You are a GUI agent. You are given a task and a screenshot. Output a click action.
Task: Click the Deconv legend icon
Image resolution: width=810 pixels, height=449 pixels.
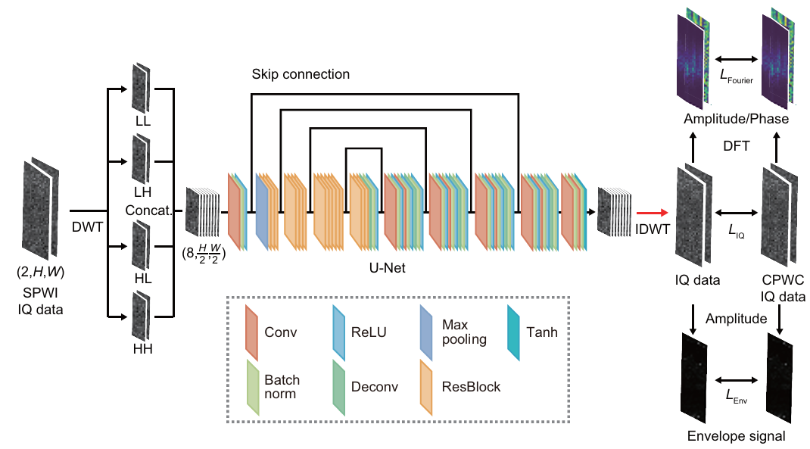click(340, 386)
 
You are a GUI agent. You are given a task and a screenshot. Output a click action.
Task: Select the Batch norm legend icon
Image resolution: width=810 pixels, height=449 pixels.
click(252, 386)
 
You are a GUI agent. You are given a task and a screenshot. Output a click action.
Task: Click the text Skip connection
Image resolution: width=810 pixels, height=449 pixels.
click(301, 74)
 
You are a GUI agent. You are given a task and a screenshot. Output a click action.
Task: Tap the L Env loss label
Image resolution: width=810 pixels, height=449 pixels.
click(734, 393)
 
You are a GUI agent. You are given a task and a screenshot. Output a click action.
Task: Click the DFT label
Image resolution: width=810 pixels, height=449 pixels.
click(735, 145)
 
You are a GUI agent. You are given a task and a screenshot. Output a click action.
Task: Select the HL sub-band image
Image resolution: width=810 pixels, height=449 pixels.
click(141, 245)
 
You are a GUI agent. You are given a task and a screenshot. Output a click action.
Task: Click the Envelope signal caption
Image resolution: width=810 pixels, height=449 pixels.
click(736, 436)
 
